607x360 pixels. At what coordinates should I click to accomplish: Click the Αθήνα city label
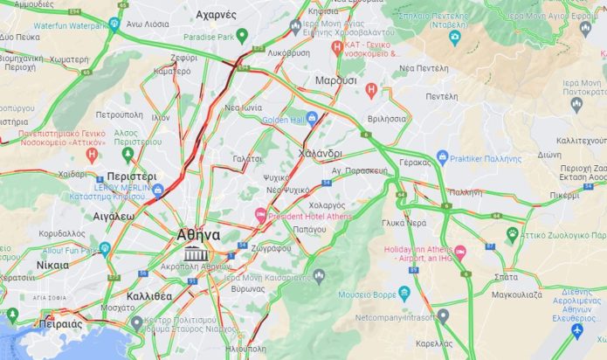tap(198, 234)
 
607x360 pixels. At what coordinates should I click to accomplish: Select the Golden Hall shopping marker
tap(312, 119)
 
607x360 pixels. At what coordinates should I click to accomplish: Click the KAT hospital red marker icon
tap(338, 46)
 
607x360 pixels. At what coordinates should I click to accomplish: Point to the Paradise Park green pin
tap(242, 35)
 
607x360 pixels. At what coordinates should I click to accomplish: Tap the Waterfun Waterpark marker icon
tap(114, 24)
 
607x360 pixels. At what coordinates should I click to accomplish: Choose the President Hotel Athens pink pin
tap(259, 215)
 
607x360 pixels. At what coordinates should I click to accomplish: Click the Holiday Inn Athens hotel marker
tap(460, 252)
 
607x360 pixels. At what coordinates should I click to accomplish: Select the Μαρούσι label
tap(335, 80)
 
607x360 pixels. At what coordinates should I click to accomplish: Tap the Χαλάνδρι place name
tap(319, 153)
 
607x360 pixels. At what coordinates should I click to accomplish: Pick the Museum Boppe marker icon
tap(404, 294)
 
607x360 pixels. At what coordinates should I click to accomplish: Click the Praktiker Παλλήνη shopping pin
tap(442, 157)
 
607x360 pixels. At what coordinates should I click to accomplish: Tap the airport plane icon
tap(576, 330)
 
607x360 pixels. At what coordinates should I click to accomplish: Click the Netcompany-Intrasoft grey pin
tap(443, 315)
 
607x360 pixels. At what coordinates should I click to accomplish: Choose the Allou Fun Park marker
tap(105, 249)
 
